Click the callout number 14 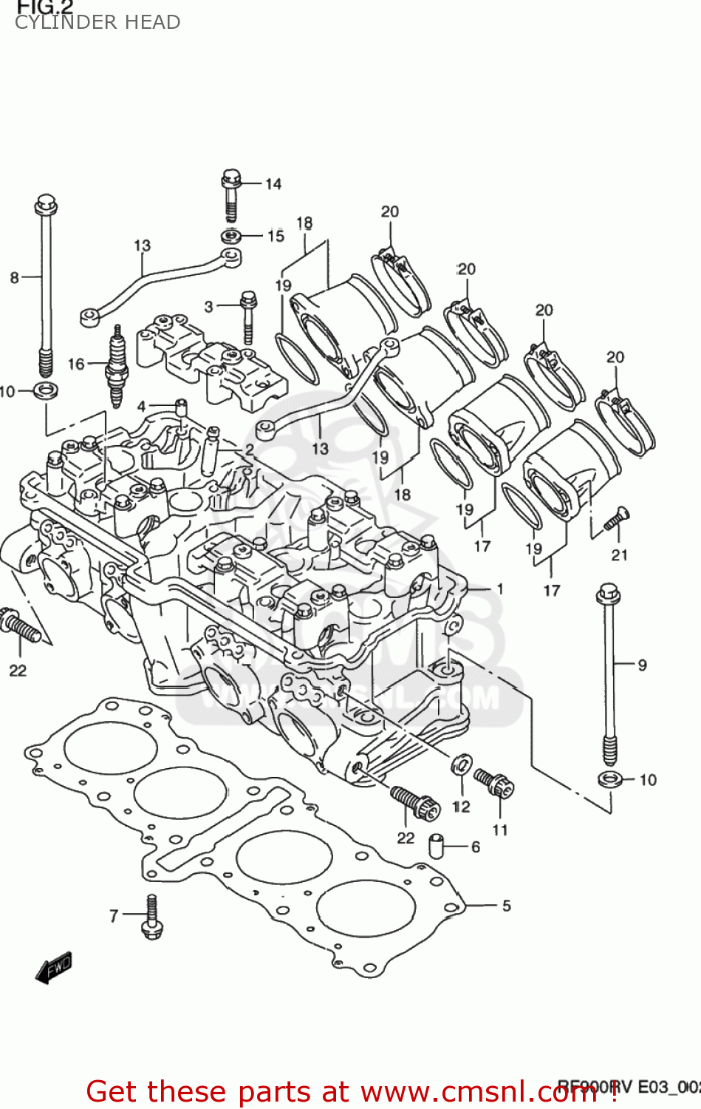coord(273,184)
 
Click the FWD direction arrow coord(54,967)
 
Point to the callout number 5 coord(506,906)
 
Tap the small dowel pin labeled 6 coord(437,846)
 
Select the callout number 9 coord(642,665)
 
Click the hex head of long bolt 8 coord(46,203)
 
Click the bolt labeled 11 coord(495,783)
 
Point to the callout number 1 coord(500,589)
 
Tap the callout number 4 coord(142,406)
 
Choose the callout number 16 coord(76,364)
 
